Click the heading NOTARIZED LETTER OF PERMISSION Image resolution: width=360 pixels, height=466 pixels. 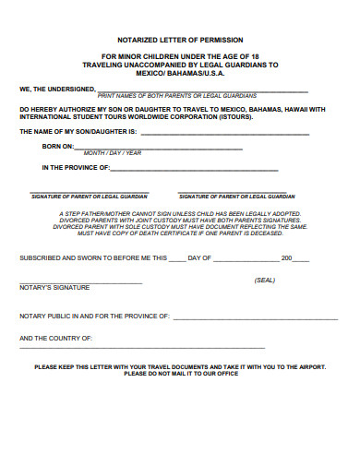click(x=180, y=41)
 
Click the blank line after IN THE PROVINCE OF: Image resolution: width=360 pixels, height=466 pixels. click(x=194, y=170)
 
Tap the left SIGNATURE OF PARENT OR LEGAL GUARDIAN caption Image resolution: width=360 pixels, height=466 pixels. click(x=90, y=197)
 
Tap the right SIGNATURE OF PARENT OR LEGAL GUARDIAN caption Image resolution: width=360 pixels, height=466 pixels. click(x=236, y=197)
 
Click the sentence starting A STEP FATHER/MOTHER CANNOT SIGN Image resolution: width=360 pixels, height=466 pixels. click(x=179, y=212)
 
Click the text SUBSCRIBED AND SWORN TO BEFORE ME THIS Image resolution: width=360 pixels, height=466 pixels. click(x=93, y=257)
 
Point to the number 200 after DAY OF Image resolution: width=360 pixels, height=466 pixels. click(x=286, y=257)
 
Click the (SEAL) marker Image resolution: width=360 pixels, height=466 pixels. click(x=264, y=280)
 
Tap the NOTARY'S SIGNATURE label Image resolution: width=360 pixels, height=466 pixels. click(x=54, y=288)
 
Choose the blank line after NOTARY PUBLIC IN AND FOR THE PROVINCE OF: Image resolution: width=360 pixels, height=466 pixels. click(x=255, y=316)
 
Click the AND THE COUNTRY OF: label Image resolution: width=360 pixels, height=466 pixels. click(x=55, y=339)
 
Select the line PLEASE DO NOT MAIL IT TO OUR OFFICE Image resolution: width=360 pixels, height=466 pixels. click(x=180, y=374)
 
